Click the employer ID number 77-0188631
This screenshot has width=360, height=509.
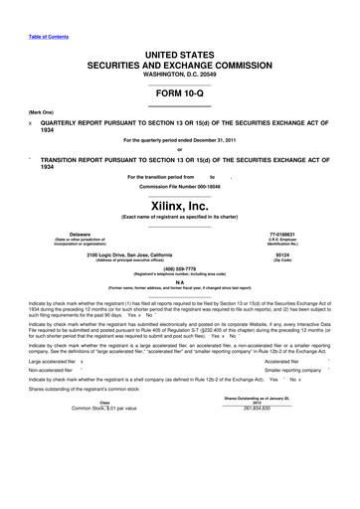(290, 235)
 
